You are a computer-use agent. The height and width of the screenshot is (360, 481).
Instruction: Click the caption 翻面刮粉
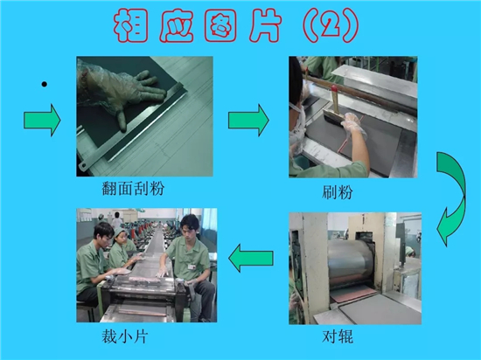[x=133, y=188]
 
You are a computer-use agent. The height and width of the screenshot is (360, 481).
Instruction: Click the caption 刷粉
[x=337, y=192]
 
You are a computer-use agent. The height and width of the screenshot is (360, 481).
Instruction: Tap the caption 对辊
[x=338, y=336]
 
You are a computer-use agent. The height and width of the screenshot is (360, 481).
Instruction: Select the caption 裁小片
[x=124, y=336]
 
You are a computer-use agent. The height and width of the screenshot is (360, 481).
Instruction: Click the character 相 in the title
[x=130, y=25]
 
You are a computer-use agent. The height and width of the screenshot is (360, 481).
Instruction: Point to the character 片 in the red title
[x=265, y=25]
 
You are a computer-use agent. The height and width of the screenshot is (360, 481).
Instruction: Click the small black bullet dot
[x=45, y=84]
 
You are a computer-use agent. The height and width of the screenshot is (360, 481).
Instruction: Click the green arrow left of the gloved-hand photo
[x=42, y=120]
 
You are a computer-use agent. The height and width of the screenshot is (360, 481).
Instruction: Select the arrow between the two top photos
[x=248, y=120]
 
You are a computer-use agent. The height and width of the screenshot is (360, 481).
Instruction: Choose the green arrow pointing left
[x=251, y=258]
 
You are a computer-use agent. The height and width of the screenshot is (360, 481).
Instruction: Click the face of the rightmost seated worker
[x=188, y=229]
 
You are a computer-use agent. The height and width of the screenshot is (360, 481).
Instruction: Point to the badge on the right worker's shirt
[x=192, y=267]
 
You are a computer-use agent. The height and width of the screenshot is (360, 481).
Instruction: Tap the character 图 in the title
[x=220, y=25]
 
